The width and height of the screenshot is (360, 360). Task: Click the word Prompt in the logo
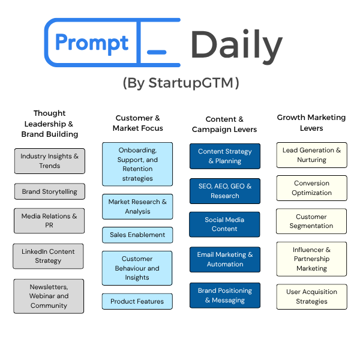tap(91, 43)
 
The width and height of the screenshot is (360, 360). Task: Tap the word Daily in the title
tap(236, 46)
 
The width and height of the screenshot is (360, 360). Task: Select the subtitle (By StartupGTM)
tap(181, 83)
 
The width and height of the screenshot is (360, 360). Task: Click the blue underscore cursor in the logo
tap(157, 52)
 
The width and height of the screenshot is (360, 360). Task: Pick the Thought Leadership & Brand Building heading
tap(50, 124)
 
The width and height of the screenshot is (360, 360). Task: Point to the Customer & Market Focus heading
tap(138, 123)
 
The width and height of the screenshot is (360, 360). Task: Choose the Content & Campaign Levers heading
tap(224, 124)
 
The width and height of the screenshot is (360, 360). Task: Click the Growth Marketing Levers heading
tap(311, 123)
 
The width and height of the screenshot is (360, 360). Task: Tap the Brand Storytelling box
tap(50, 192)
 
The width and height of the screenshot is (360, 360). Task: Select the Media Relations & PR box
tap(49, 221)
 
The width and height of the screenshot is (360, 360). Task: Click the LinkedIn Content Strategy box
tap(49, 256)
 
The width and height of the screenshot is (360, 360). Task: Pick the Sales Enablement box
tap(137, 235)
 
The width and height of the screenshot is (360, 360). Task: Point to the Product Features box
tap(137, 301)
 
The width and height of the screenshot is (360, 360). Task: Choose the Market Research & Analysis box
tap(137, 206)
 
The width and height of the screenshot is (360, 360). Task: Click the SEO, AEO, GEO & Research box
tap(225, 191)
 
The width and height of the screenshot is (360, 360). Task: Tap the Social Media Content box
tap(225, 224)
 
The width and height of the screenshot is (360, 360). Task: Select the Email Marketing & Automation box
tap(225, 259)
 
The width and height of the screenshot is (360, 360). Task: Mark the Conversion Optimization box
tap(311, 188)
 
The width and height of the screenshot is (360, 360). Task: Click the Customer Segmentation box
tap(311, 221)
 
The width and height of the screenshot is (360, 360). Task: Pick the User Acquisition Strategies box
tap(311, 296)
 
